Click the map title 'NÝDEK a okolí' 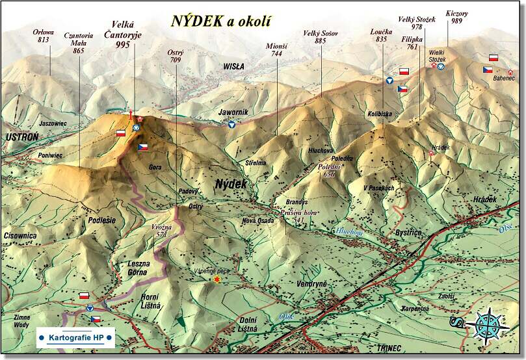pyautogui.click(x=221, y=20)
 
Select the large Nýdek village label pyautogui.click(x=231, y=185)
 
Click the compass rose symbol pyautogui.click(x=487, y=325)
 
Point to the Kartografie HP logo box pyautogui.click(x=75, y=337)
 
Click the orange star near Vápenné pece pyautogui.click(x=217, y=279)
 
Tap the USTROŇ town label pyautogui.click(x=21, y=137)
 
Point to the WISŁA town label pyautogui.click(x=233, y=66)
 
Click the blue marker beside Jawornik pyautogui.click(x=231, y=123)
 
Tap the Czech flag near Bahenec pyautogui.click(x=488, y=70)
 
